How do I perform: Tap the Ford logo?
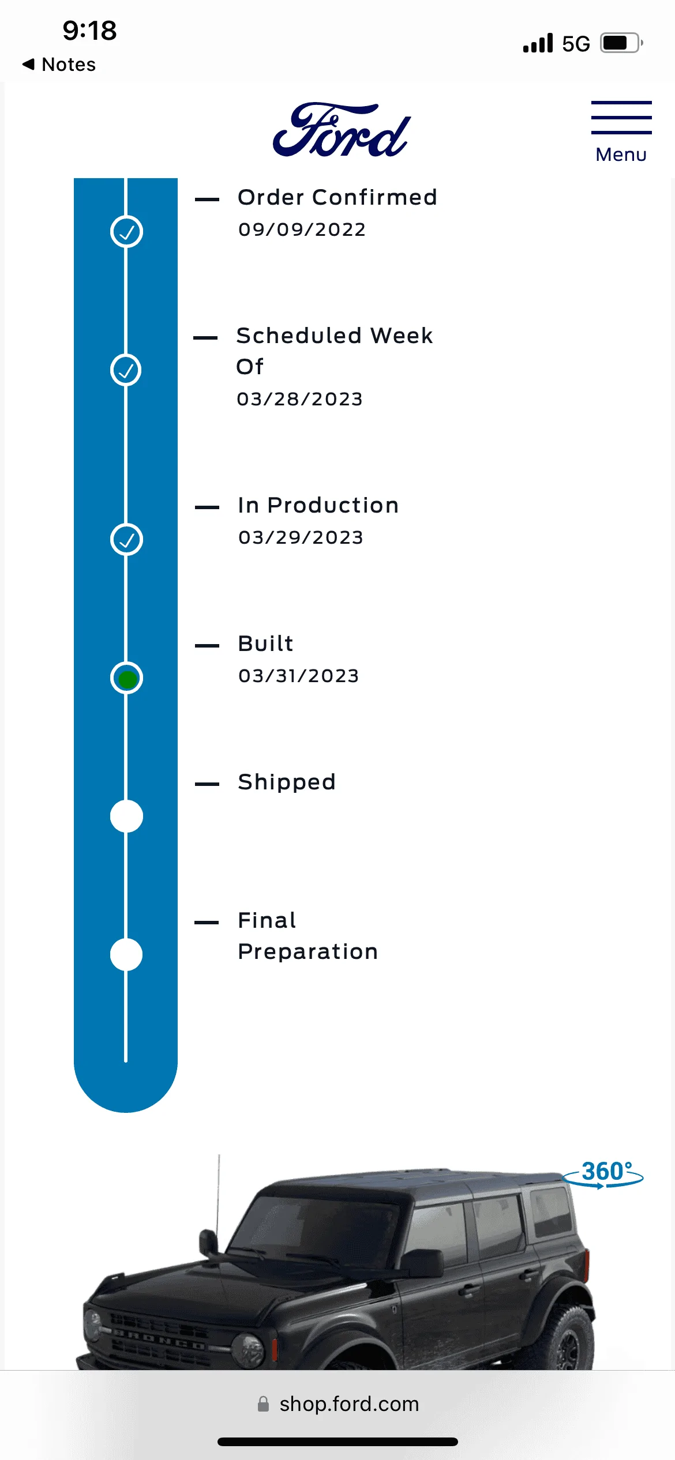point(341,130)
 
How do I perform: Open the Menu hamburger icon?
point(621,118)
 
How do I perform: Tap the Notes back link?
point(59,65)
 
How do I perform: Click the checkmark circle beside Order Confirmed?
point(126,232)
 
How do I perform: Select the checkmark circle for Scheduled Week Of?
point(126,370)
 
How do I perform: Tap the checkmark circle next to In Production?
point(126,540)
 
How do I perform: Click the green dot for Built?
point(126,679)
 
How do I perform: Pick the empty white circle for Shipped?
point(126,816)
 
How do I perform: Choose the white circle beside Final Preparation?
point(126,955)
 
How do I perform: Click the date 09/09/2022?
point(302,229)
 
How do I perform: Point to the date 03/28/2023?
point(299,399)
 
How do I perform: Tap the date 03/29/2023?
point(301,537)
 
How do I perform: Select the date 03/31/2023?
point(298,676)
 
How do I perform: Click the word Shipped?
point(287,782)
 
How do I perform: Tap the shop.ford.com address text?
point(349,1403)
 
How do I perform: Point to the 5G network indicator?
point(576,44)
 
